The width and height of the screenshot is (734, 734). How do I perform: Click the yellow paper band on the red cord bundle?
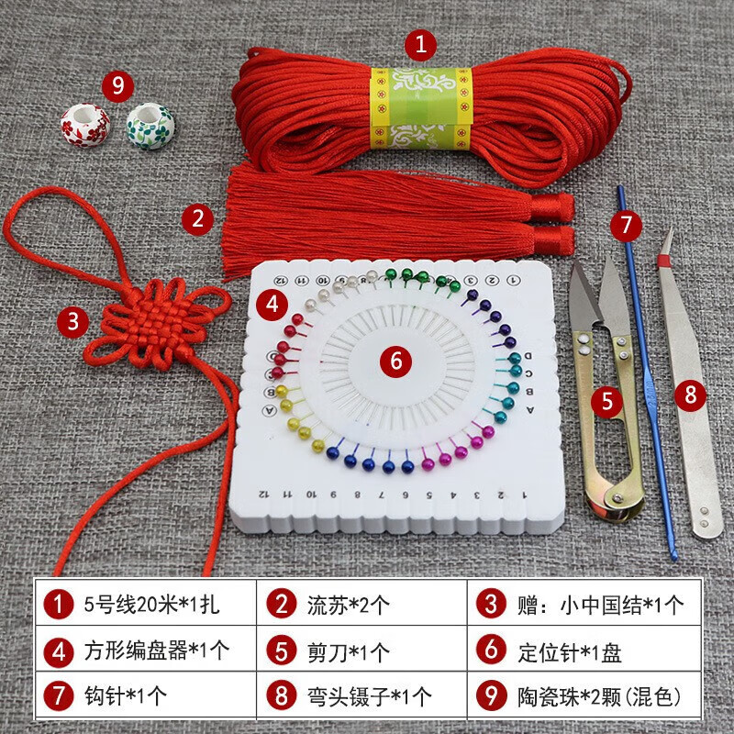(420, 108)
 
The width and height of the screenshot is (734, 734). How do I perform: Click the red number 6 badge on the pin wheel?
(395, 361)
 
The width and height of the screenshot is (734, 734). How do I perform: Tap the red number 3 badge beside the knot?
(72, 321)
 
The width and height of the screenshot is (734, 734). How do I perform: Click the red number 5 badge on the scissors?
(606, 399)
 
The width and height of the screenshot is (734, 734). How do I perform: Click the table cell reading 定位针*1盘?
(583, 651)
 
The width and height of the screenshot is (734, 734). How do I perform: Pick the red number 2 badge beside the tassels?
(196, 217)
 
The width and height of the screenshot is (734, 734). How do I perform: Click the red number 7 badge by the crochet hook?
(626, 223)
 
